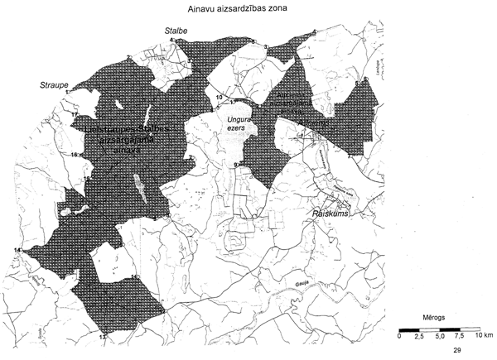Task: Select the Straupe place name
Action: pos(54,84)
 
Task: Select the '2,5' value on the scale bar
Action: pos(419,336)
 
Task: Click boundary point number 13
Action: pos(102,338)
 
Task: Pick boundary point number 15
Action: pos(87,179)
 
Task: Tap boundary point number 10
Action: pos(219,98)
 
